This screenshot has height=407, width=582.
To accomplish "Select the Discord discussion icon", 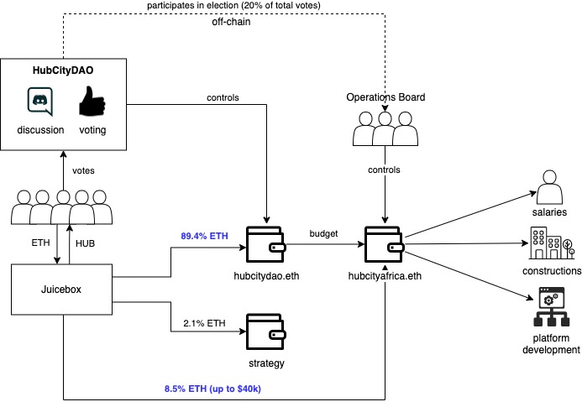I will click(39, 102).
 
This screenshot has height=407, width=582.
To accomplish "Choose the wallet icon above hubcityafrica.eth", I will click(385, 243).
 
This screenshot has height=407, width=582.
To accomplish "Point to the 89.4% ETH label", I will click(203, 237).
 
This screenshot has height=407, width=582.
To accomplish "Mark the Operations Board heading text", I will click(385, 97).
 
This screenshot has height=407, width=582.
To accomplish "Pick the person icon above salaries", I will click(551, 186).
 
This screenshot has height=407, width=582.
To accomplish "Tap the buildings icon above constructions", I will click(550, 244).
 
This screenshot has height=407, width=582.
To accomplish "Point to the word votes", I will click(82, 170).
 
